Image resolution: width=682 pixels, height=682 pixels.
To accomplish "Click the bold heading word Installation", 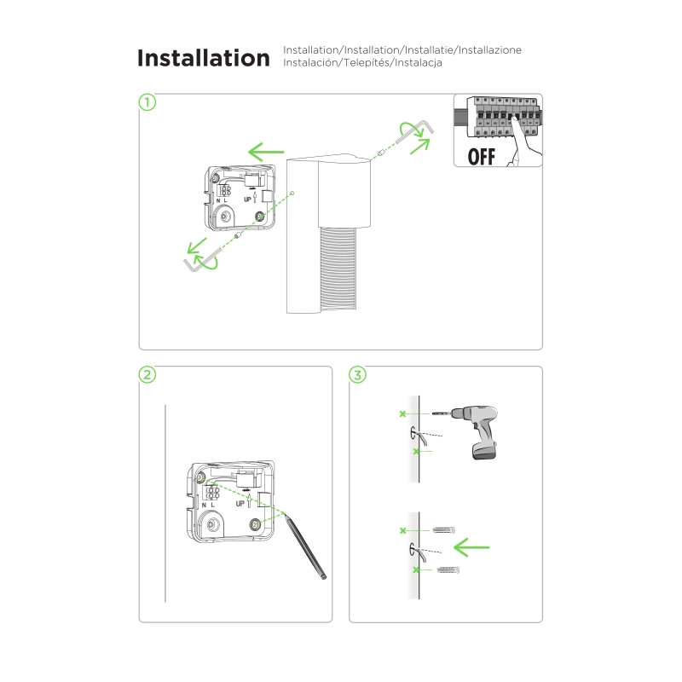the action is (204, 58).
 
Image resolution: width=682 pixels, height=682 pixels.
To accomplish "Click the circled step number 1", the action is (147, 102).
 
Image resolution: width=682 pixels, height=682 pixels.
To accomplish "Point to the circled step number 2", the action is (147, 374).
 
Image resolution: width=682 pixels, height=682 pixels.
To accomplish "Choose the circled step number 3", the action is (357, 374).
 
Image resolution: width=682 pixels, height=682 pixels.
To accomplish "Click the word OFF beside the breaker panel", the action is (481, 157).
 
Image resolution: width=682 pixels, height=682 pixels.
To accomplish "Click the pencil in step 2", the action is (304, 546).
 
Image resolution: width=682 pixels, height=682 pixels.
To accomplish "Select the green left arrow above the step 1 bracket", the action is (266, 152).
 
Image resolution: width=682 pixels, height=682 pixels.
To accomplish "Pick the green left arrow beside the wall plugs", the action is (471, 547).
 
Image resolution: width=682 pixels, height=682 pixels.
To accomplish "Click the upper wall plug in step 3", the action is (443, 530).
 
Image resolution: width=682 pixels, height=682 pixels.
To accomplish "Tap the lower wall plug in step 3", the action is (448, 569).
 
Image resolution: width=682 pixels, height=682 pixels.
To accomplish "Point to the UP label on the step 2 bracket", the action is (240, 504).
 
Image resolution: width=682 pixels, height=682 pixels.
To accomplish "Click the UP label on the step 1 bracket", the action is (247, 199).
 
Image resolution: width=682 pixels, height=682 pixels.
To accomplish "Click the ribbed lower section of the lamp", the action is (338, 269).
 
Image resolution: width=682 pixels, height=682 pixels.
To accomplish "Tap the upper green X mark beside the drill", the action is (402, 413).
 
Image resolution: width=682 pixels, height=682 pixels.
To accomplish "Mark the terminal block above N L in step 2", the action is (212, 493).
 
